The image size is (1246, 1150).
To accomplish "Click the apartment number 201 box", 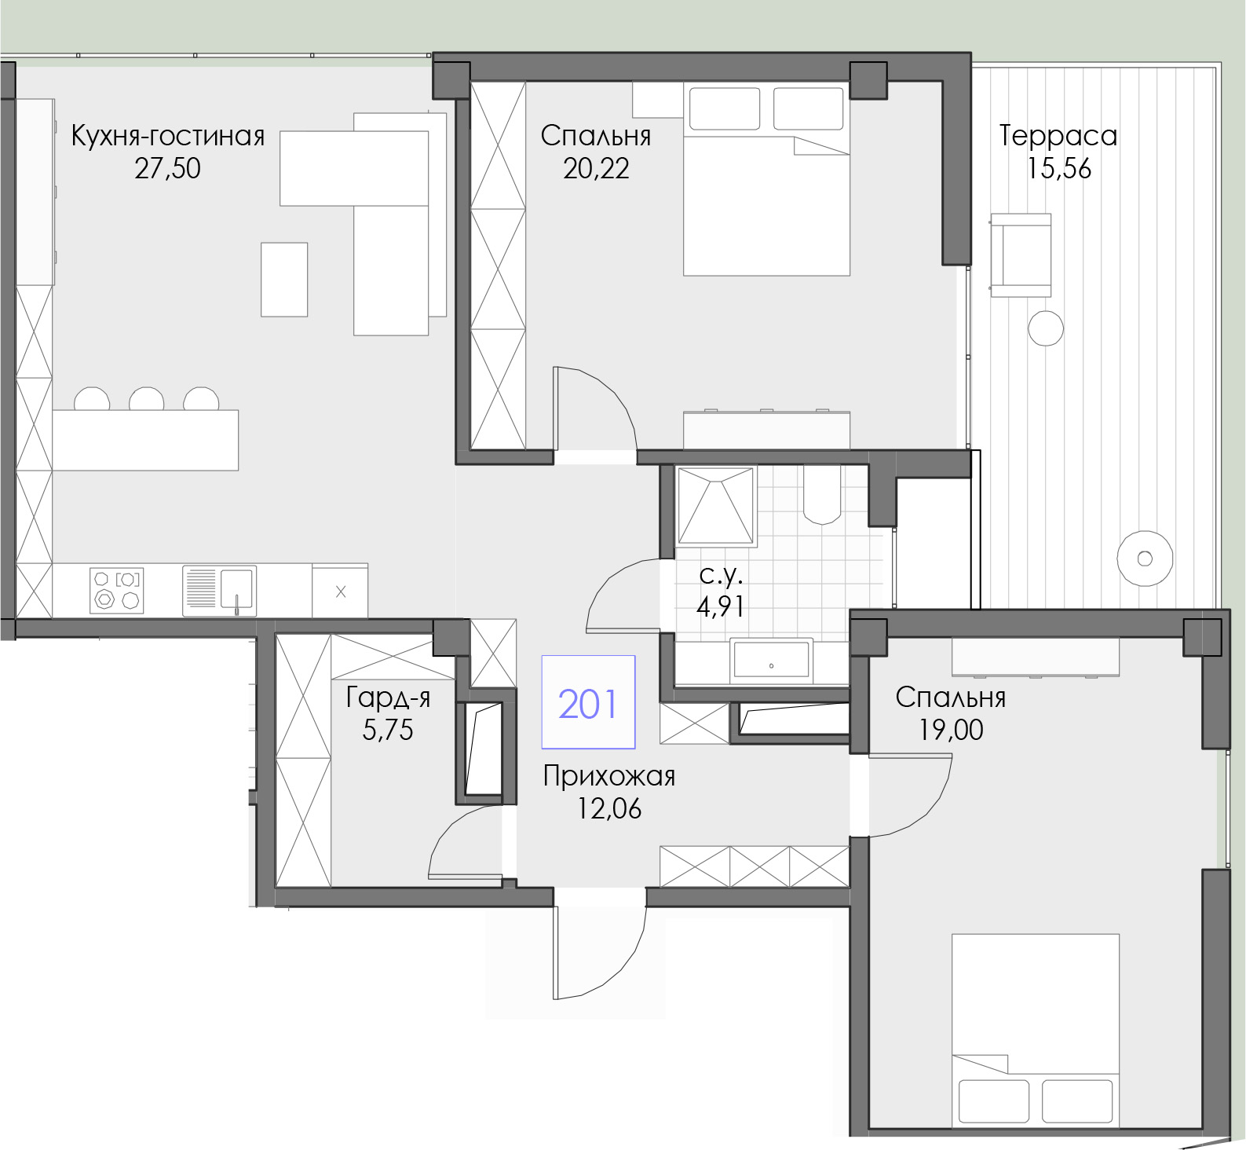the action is click(588, 701).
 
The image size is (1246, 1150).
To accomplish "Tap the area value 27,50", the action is click(167, 168).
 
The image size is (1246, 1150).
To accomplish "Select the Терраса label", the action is click(1058, 136).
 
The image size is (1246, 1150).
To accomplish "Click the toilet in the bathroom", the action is click(822, 494).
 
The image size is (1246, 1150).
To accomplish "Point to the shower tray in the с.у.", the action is click(715, 506).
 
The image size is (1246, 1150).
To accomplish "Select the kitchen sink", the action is click(220, 591).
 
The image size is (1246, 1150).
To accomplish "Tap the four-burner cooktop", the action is click(117, 591).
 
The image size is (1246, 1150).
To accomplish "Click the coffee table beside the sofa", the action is click(284, 280).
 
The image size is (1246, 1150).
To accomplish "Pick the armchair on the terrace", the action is click(1020, 255).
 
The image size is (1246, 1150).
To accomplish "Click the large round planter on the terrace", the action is click(1145, 559).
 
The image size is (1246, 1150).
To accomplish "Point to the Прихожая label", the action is click(609, 776).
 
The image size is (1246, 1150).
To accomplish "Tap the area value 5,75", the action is click(388, 730).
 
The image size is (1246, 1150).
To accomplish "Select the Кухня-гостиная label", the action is click(168, 136).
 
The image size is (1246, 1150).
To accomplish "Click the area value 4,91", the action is click(721, 606).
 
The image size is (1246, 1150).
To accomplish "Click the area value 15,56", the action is click(1059, 168).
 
